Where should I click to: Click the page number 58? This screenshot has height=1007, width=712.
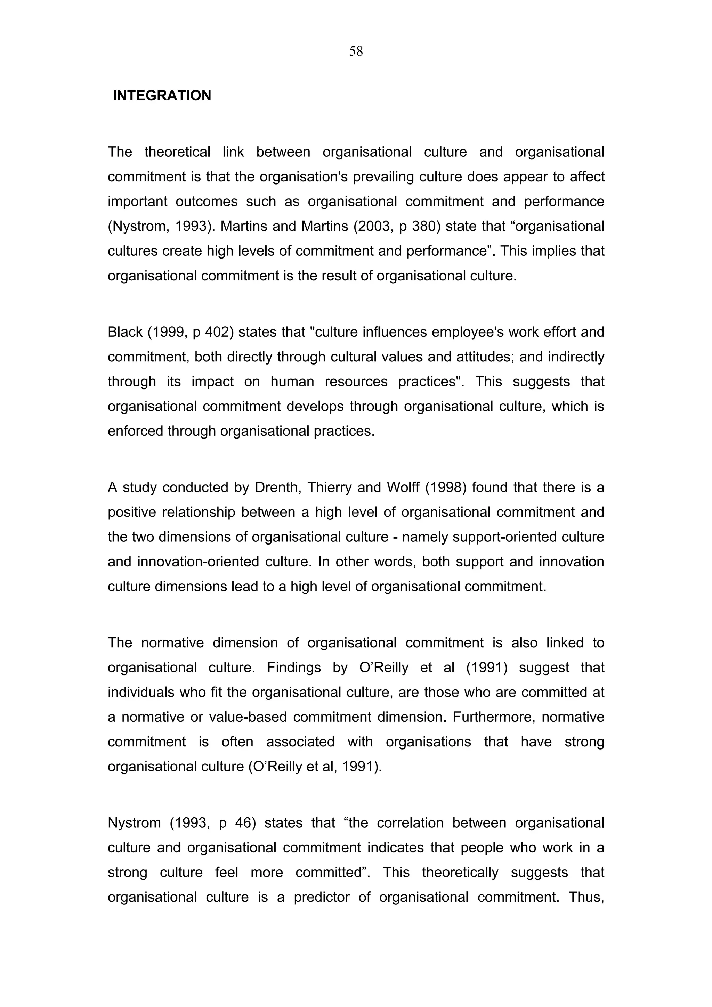356,52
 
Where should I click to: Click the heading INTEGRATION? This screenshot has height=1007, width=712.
162,96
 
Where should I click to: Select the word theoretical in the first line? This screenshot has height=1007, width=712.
177,152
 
